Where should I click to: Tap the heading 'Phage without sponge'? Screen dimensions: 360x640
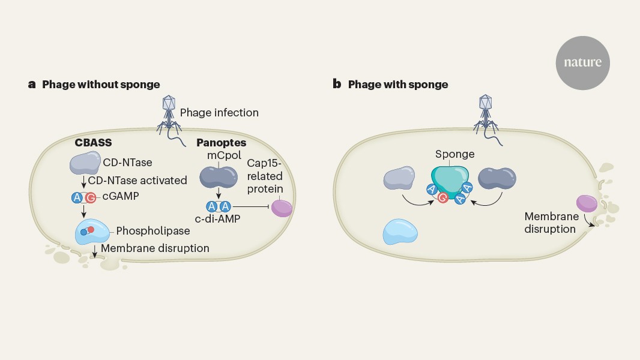(101, 85)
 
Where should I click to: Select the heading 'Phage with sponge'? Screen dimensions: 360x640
(398, 85)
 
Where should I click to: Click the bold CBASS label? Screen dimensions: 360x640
(94, 143)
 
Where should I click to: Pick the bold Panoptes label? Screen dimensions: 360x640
(221, 143)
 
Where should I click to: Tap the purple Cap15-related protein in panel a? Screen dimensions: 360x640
(282, 207)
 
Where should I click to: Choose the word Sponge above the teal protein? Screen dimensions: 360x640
(454, 154)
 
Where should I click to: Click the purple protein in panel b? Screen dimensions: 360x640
(586, 203)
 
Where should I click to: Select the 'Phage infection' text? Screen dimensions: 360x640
(220, 113)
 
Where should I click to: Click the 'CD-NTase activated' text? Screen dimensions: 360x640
(137, 181)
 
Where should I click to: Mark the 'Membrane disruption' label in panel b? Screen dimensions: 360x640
(552, 222)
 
